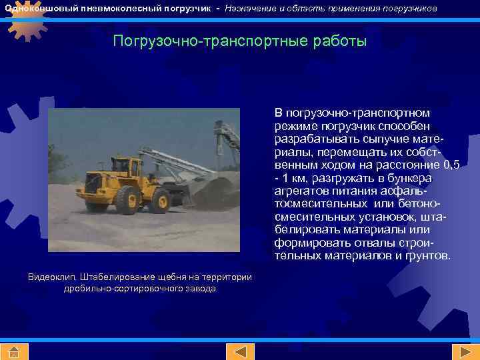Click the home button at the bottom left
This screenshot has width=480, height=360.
pos(13,352)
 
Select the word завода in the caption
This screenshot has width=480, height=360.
pos(201,289)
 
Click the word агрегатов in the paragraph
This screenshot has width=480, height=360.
pos(299,191)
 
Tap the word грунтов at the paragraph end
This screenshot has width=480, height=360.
pos(427,256)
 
